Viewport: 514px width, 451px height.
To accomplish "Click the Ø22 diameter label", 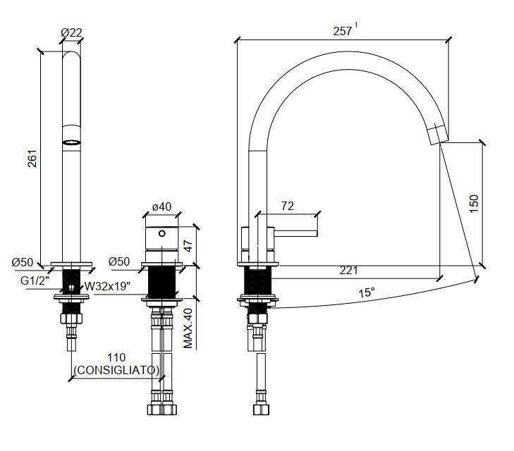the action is pos(71,32).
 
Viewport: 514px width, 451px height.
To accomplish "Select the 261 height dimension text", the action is pos(32,159).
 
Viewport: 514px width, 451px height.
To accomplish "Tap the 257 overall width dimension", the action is pos(343,31).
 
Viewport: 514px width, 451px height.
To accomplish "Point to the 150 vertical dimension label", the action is pos(474,204).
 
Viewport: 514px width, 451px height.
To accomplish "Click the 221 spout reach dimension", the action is pos(348,271).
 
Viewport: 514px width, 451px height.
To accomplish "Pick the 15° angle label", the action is pos(366,292).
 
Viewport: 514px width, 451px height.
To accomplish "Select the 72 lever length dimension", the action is pos(288,206).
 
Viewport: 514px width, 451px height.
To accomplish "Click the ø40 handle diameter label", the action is pos(162,206).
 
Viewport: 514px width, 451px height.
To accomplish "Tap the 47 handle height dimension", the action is pos(188,245).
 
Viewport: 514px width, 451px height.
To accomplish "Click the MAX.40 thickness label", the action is pos(188,328).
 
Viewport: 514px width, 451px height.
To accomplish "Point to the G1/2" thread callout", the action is pos(35,280).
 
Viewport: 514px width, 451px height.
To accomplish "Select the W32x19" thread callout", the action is pos(107,286).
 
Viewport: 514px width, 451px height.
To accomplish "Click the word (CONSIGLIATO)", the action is pos(117,370).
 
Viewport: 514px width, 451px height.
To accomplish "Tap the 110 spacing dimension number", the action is pos(116,358).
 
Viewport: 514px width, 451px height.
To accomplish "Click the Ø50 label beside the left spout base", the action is pos(23,262).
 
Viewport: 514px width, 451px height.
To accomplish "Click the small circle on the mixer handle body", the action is pos(162,233).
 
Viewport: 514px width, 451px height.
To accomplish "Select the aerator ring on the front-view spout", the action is pos(71,142).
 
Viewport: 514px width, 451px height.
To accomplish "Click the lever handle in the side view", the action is pos(296,233).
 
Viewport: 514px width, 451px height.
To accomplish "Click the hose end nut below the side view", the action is pos(261,409).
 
